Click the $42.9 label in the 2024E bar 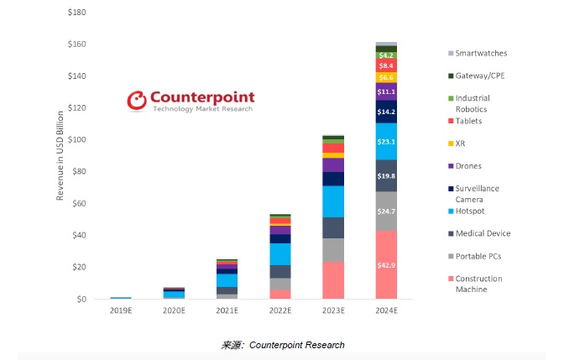click(386, 265)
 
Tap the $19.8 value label click(386, 176)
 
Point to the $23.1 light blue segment click(386, 142)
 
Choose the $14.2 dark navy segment click(386, 112)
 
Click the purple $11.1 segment click(386, 91)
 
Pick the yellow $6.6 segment click(386, 77)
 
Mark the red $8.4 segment click(386, 65)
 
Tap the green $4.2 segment click(386, 55)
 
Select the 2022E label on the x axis click(279, 312)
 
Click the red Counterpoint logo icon click(138, 102)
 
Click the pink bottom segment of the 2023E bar click(333, 280)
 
